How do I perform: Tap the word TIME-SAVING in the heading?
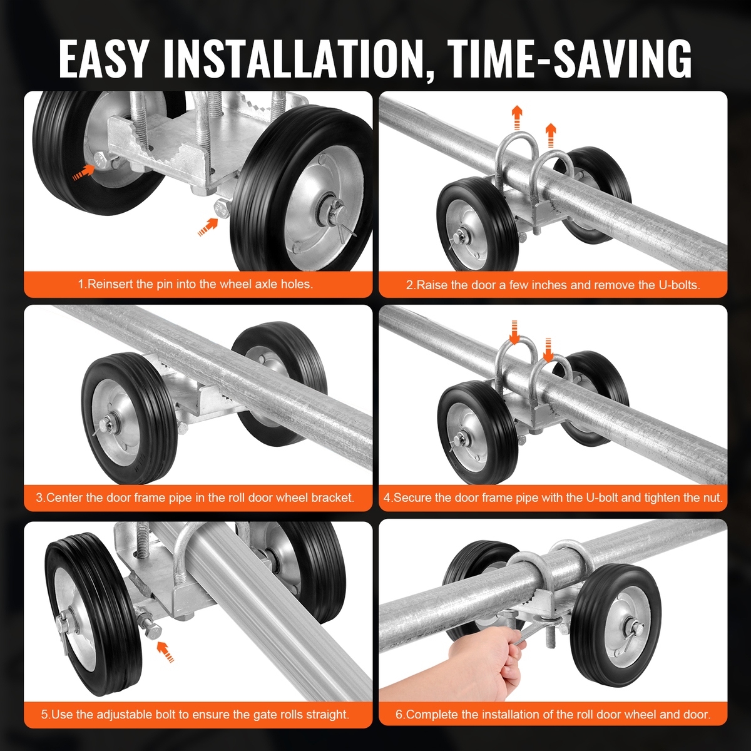click(569, 59)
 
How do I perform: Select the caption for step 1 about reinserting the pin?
click(196, 284)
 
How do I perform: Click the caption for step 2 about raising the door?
click(553, 285)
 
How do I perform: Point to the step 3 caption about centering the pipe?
click(195, 498)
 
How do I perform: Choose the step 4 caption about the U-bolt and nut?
click(553, 498)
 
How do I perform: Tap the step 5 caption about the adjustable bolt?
click(195, 714)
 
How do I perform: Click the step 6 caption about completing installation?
click(553, 714)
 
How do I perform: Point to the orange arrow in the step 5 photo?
click(165, 652)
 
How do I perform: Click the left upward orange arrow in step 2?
click(517, 117)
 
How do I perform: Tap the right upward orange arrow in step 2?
click(551, 135)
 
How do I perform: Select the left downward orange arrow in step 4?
click(514, 332)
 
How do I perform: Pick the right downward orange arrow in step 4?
click(548, 350)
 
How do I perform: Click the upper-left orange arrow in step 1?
click(84, 172)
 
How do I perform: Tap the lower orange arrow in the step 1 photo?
click(208, 227)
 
